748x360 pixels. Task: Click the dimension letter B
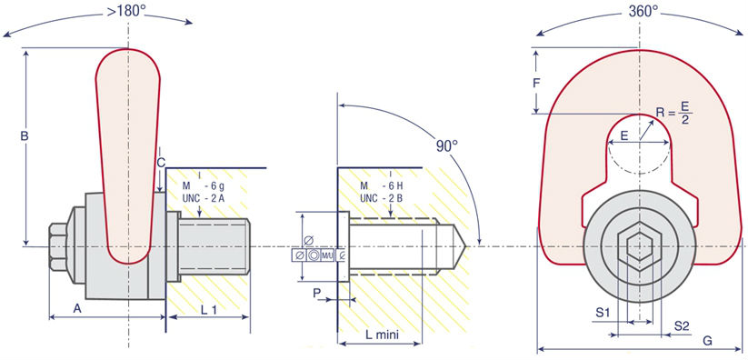pos(25,136)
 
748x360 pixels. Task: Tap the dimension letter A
pos(77,308)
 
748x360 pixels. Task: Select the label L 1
pos(209,309)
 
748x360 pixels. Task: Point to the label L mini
pos(381,335)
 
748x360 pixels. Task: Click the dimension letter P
pos(317,293)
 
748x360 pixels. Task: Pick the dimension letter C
pos(161,163)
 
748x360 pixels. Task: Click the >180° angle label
pos(126,11)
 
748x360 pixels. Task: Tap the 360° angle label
pos(643,12)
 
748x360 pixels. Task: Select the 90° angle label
pos(446,146)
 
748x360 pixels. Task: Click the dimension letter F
pos(536,84)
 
